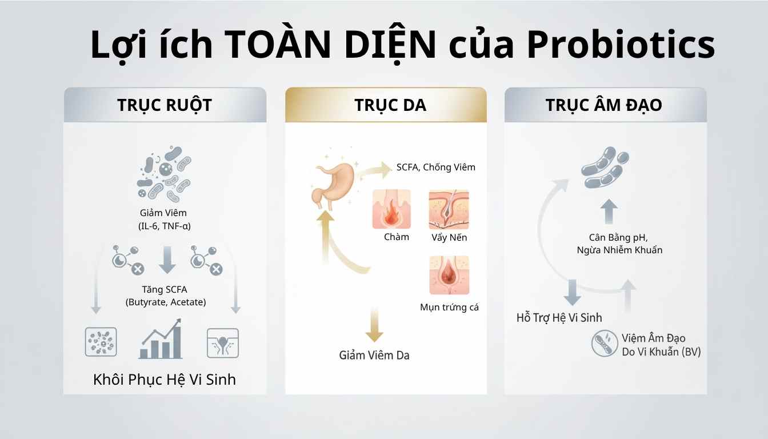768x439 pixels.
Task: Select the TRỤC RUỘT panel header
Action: pyautogui.click(x=165, y=105)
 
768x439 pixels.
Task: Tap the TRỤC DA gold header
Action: pyautogui.click(x=386, y=105)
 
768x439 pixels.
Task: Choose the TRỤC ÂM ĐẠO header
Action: pyautogui.click(x=605, y=105)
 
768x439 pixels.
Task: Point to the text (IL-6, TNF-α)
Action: pyautogui.click(x=164, y=226)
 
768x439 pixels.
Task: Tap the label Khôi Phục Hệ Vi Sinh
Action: pyautogui.click(x=164, y=380)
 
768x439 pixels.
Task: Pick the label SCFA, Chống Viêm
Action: pyautogui.click(x=435, y=167)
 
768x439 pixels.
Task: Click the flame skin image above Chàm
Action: pyautogui.click(x=391, y=209)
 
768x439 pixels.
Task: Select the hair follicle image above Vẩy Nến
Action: pyautogui.click(x=449, y=209)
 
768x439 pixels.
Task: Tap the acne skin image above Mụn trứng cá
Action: pyautogui.click(x=449, y=276)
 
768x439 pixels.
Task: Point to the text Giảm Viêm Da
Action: pyautogui.click(x=374, y=355)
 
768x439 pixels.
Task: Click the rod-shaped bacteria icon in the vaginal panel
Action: pyautogui.click(x=605, y=169)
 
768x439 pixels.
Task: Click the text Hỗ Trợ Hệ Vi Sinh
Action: pyautogui.click(x=559, y=318)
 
